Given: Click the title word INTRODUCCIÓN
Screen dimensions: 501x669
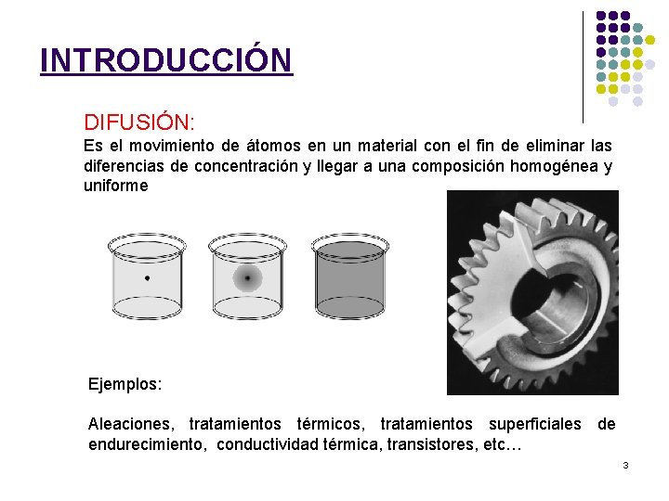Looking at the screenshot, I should tap(165, 60).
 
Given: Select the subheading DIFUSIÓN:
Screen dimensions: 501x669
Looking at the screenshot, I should tap(138, 122).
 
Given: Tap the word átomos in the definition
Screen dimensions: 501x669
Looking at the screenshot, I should tap(247, 147).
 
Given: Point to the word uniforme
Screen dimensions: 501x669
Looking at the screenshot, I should tap(115, 186).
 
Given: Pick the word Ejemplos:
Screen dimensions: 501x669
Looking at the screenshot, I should tap(125, 383).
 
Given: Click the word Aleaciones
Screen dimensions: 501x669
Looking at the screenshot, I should tap(130, 424).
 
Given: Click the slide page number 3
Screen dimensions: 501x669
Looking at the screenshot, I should tap(625, 464).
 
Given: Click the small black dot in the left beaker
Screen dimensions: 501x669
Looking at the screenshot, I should tap(147, 277).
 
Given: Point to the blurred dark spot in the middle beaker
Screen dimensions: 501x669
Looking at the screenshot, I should tap(248, 277).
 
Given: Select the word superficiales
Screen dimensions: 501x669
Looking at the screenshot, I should tap(537, 424).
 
